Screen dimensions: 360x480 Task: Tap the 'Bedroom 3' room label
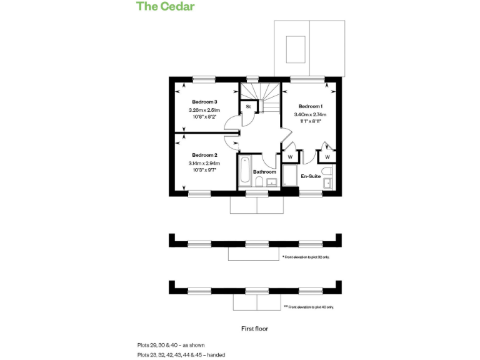pyautogui.click(x=204, y=102)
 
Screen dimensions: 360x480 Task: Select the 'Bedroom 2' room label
pyautogui.click(x=204, y=155)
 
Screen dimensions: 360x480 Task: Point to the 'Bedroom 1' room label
pyautogui.click(x=311, y=106)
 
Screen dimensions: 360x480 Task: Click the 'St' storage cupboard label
pyautogui.click(x=248, y=107)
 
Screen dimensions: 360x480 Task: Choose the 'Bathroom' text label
pyautogui.click(x=264, y=172)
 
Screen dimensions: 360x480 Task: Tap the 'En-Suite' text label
pyautogui.click(x=311, y=177)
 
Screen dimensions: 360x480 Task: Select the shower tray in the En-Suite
pyautogui.click(x=290, y=176)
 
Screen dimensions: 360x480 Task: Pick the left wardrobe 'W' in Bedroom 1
pyautogui.click(x=290, y=156)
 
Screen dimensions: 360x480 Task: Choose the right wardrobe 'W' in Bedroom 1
pyautogui.click(x=327, y=156)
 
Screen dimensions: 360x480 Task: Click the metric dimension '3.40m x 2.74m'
pyautogui.click(x=311, y=115)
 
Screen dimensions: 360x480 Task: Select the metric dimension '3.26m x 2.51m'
pyautogui.click(x=204, y=110)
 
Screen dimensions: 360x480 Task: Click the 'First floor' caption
pyautogui.click(x=254, y=328)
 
